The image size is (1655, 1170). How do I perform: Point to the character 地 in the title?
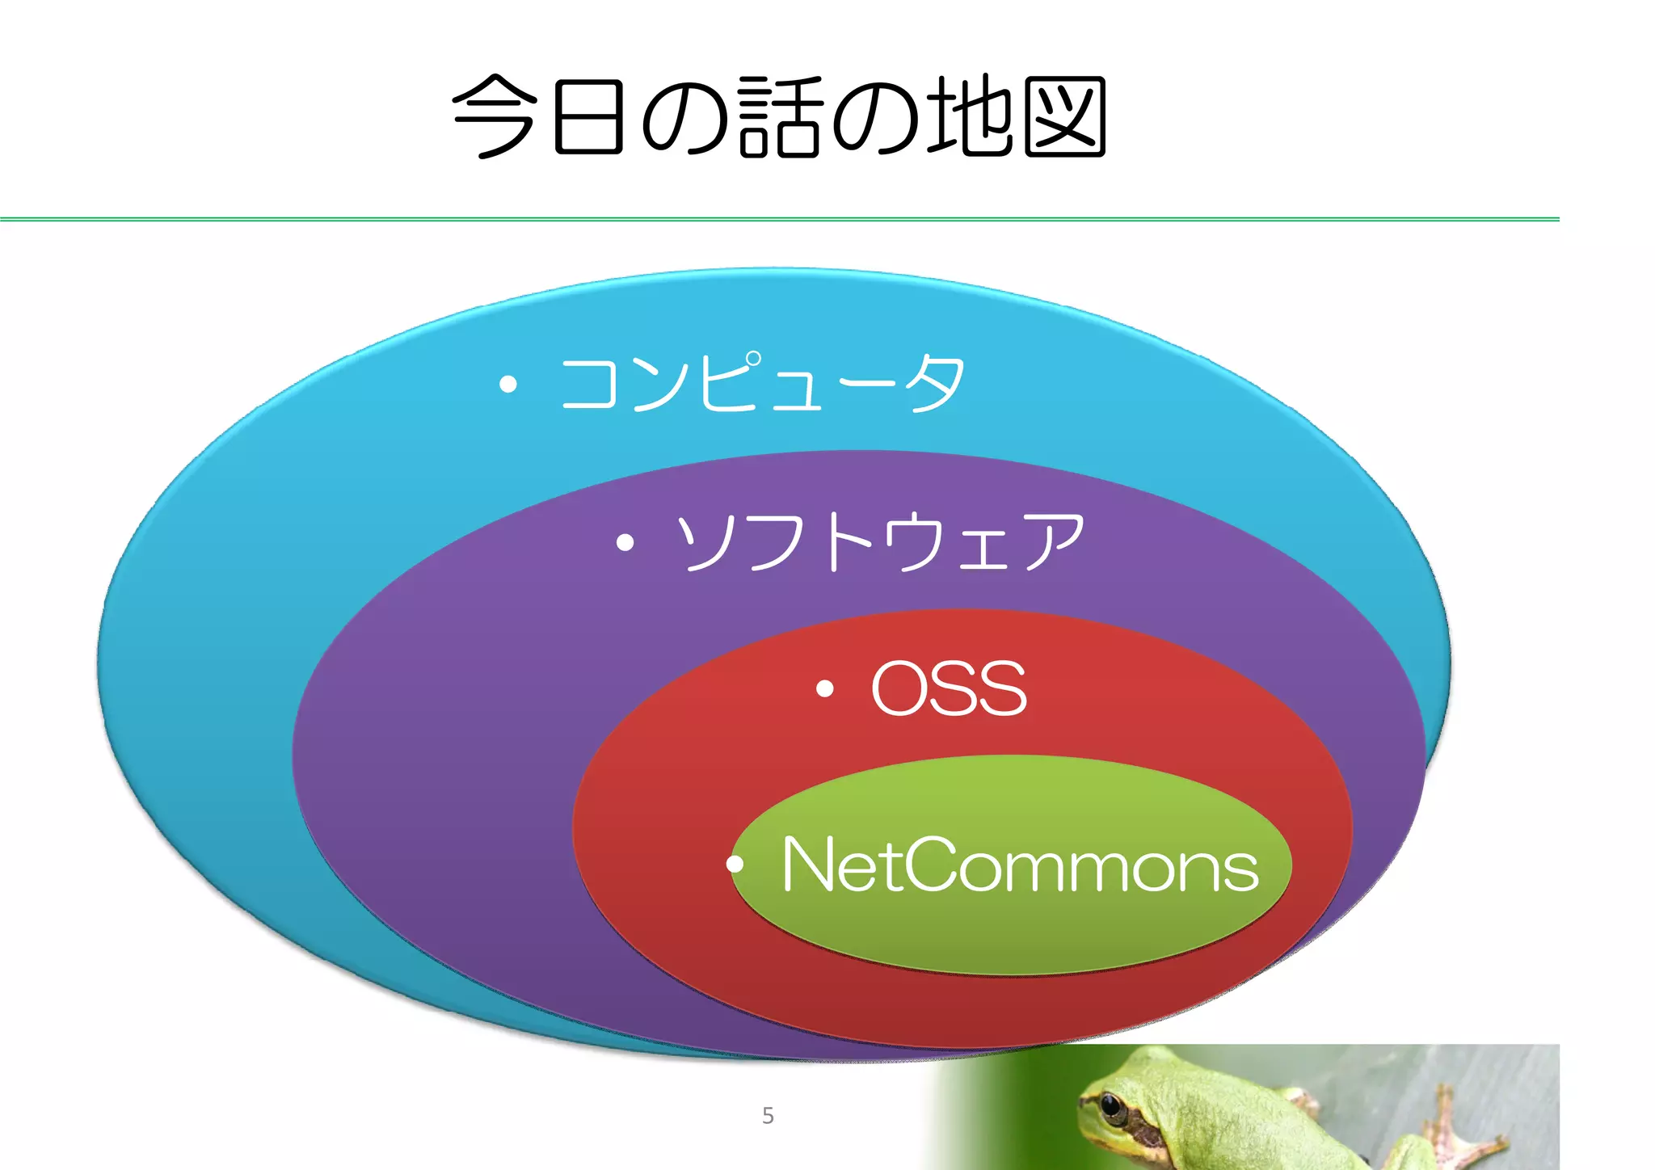point(968,117)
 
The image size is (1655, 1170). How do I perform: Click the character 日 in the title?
point(588,117)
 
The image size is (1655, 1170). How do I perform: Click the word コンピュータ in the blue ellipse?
point(761,384)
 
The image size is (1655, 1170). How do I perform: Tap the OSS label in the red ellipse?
point(949,688)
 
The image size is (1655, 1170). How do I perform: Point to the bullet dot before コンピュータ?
point(507,385)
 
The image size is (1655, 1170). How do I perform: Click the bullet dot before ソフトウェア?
point(624,542)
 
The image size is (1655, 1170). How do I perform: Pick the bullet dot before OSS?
point(824,688)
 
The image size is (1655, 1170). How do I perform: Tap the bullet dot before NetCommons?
point(735,865)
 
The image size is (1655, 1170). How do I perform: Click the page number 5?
point(768,1116)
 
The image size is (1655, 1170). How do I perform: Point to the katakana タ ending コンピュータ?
point(935,384)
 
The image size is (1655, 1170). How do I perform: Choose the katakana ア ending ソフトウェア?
point(1054,542)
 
